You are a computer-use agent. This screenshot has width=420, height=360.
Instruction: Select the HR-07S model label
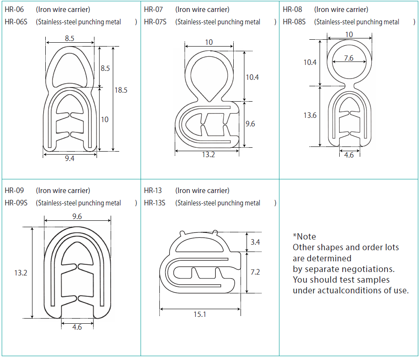point(155,22)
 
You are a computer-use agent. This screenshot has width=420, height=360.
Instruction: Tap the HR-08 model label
point(292,9)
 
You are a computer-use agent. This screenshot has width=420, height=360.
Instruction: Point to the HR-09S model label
point(16,203)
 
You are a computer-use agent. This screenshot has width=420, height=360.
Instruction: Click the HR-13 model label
point(153,190)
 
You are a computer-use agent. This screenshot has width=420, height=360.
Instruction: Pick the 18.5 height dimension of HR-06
point(121,90)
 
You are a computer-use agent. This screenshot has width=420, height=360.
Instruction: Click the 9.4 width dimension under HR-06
point(69,158)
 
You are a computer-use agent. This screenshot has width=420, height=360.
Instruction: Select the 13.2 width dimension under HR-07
point(208,155)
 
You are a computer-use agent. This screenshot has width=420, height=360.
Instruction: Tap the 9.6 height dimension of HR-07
point(250,124)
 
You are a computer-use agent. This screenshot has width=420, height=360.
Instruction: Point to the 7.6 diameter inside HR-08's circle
point(349,58)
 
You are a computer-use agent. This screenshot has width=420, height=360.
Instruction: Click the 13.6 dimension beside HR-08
point(310,115)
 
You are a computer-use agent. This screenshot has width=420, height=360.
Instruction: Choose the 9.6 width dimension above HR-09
point(77,217)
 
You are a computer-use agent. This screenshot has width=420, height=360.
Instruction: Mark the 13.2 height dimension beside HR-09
point(21,272)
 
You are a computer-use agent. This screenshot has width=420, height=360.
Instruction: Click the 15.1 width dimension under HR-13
point(200,314)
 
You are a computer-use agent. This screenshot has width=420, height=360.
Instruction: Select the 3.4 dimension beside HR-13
point(256,242)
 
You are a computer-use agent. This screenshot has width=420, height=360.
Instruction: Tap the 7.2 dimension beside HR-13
point(256,272)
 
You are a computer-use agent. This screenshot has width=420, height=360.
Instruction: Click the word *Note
point(304,236)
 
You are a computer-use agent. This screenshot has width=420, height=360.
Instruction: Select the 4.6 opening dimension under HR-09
point(77,327)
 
